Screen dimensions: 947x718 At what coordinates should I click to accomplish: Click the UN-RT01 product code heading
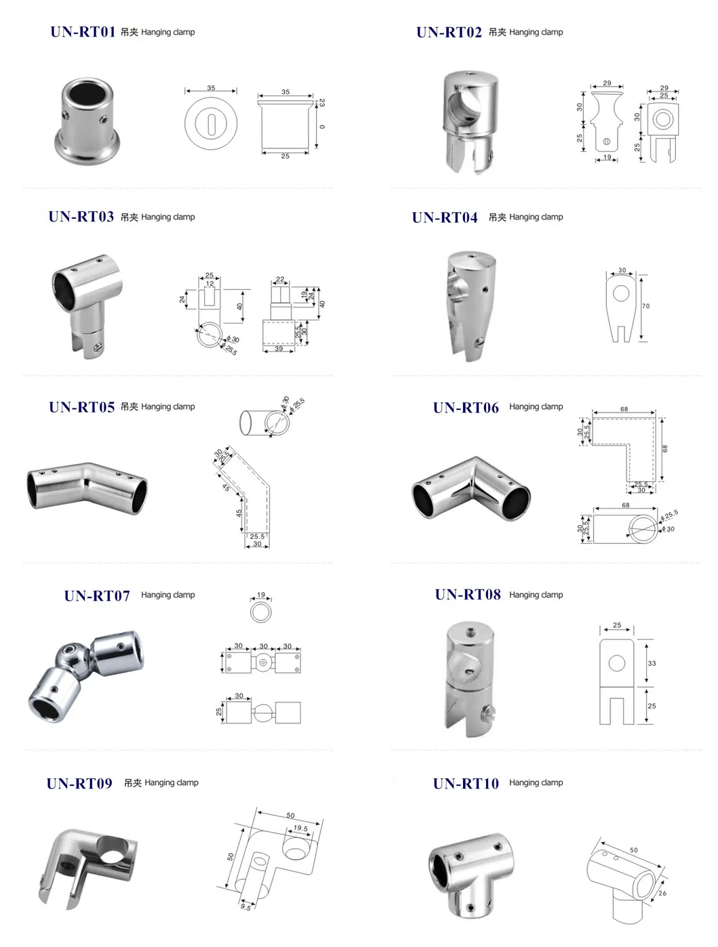[83, 32]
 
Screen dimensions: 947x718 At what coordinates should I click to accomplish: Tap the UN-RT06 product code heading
[466, 408]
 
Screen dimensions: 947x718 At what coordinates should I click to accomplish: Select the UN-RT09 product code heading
[79, 784]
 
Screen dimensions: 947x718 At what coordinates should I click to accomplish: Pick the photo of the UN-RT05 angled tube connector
[87, 486]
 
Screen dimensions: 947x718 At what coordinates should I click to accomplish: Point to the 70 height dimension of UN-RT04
[645, 306]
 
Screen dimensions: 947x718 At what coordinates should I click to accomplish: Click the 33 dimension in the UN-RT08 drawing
[652, 663]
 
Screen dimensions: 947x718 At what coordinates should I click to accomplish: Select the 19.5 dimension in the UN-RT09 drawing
[300, 828]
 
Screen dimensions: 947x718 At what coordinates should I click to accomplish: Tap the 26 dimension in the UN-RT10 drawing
[662, 893]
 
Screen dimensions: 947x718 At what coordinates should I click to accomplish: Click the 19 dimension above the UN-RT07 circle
[261, 595]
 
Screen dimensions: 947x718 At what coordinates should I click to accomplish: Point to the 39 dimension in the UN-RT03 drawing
[279, 349]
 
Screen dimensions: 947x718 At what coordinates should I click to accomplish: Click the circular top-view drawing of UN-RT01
[211, 123]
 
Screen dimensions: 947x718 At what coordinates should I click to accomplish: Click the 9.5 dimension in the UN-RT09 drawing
[245, 906]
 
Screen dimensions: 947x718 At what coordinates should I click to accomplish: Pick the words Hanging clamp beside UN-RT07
[167, 595]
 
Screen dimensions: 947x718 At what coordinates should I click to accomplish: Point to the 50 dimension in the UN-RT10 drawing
[634, 850]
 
